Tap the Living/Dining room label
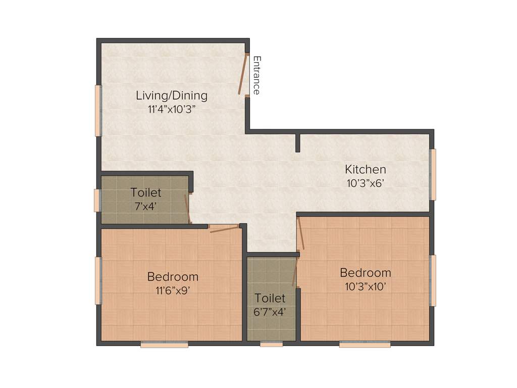[172, 95]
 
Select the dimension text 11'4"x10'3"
[172, 109]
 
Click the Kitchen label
[365, 169]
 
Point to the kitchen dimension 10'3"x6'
[365, 183]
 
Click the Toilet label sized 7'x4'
[145, 192]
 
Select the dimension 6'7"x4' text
[270, 312]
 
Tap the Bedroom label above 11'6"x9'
[173, 276]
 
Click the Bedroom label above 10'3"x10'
[365, 273]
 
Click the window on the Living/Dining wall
[98, 111]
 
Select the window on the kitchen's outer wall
[433, 174]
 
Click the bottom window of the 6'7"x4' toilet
[271, 345]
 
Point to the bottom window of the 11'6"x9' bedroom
[164, 345]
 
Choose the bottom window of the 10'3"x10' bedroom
[365, 345]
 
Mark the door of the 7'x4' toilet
[187, 208]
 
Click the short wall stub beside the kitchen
[298, 143]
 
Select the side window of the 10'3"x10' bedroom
[433, 280]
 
